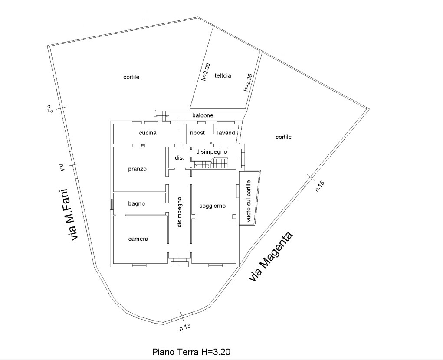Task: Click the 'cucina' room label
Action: pos(148,133)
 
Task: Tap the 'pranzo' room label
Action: pos(137,169)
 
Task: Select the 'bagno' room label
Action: pos(137,203)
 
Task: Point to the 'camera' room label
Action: pos(138,239)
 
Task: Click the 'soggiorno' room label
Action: pos(213,206)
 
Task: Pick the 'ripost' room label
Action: pos(197,133)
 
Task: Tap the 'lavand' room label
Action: pos(226,133)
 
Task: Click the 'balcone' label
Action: pos(203,115)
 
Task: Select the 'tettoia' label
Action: pos(223,75)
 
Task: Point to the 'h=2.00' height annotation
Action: pos(206,72)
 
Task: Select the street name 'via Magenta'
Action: pos(271,257)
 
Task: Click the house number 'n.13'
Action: pos(185,327)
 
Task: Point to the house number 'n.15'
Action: pos(320,187)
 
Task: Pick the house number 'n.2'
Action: pos(49,109)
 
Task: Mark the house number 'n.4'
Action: pos(62,167)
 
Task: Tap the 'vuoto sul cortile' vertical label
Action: pos(249,201)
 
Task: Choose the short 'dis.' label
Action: pos(179,158)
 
